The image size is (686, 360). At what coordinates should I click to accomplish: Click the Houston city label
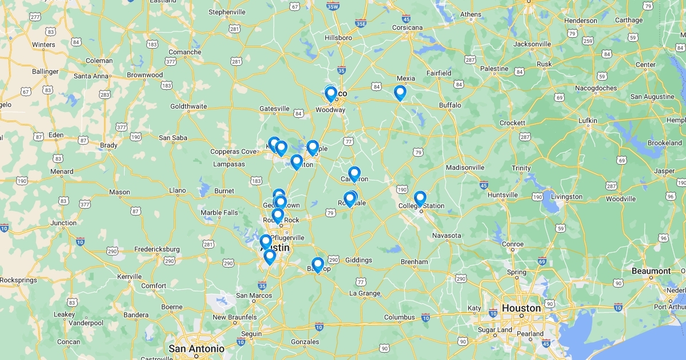[521, 308]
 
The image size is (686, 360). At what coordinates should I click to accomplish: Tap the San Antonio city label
[196, 349]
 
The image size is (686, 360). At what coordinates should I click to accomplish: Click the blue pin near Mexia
[400, 93]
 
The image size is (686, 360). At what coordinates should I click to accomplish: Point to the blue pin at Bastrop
[318, 265]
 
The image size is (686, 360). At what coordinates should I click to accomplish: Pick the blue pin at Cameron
[354, 174]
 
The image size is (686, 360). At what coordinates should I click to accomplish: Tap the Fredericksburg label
[157, 249]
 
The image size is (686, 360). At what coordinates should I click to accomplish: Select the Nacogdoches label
[593, 88]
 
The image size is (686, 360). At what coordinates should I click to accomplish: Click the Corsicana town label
[407, 27]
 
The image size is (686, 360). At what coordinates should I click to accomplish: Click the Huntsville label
[503, 195]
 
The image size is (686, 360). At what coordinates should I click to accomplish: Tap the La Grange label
[365, 293]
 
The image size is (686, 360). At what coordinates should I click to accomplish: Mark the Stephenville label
[226, 12]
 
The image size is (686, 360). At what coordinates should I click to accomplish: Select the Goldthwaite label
[188, 106]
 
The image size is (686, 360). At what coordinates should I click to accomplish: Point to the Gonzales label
[305, 342]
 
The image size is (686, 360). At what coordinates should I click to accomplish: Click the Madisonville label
[465, 167]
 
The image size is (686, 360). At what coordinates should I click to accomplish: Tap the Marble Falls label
[219, 213]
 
